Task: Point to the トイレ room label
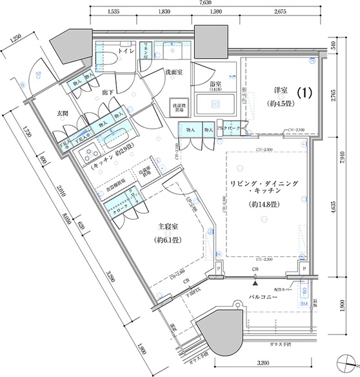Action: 126,51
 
